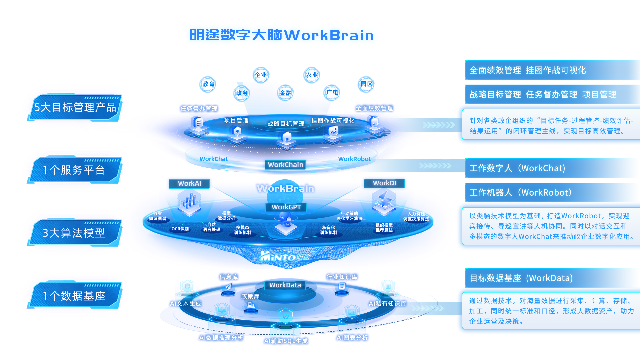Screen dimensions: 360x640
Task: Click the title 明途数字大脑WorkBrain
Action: [x=282, y=35]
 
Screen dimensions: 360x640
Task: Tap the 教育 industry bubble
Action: [x=208, y=84]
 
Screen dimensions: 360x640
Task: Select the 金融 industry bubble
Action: [x=286, y=93]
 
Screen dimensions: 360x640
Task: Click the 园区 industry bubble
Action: [x=366, y=84]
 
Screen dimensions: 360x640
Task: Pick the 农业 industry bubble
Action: [x=312, y=75]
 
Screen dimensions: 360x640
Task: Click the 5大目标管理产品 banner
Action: [x=75, y=107]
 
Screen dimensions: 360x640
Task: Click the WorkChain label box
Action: [x=286, y=165]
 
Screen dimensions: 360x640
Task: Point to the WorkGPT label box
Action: [x=286, y=207]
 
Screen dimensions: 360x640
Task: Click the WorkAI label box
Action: [x=189, y=183]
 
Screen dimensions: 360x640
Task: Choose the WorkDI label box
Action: [x=384, y=183]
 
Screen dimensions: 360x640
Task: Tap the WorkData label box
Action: [x=285, y=285]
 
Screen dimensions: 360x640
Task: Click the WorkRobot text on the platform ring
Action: [x=354, y=159]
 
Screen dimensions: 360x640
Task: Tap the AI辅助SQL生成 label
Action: [x=286, y=341]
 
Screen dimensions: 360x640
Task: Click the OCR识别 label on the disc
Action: [x=180, y=229]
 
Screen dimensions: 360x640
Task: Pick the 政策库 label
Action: [x=250, y=296]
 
